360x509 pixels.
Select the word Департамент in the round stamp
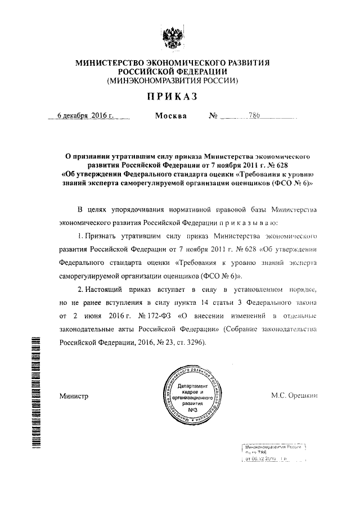[193, 386]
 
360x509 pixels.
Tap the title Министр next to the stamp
[74, 397]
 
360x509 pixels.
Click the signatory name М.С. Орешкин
[295, 396]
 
